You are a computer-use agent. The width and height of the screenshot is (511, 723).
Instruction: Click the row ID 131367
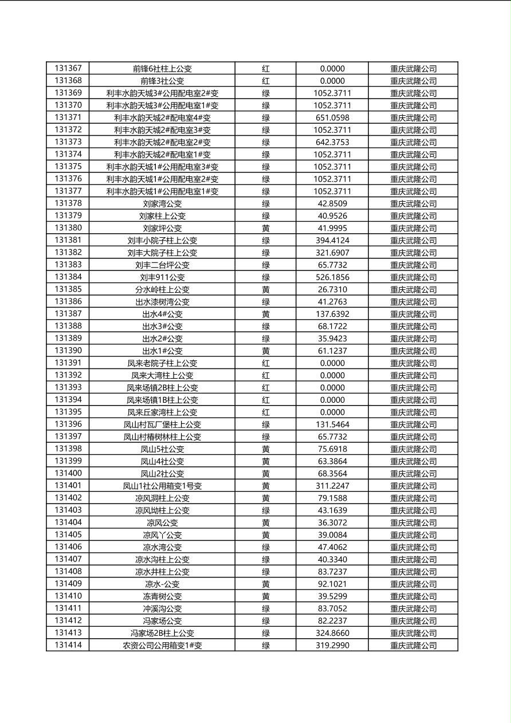click(68, 68)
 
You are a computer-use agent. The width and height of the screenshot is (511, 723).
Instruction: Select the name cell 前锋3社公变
click(162, 81)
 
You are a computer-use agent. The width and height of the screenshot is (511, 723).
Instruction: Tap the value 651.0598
click(332, 117)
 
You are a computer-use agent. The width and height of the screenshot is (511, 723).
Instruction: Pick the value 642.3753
click(332, 142)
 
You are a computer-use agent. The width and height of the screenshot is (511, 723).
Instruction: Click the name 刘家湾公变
click(162, 203)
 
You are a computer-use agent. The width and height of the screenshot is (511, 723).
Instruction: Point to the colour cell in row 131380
click(266, 228)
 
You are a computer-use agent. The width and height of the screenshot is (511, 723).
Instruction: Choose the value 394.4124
click(332, 240)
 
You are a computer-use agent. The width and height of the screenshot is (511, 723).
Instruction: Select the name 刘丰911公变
click(162, 277)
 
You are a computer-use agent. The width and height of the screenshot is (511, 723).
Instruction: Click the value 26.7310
click(332, 289)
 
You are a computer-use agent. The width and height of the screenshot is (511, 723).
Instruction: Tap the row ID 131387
click(68, 314)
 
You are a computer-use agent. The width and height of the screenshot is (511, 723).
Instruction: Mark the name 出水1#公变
click(162, 351)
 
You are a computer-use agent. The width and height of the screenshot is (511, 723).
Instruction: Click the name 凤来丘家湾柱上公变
click(162, 412)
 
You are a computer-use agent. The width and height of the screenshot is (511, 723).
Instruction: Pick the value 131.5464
click(332, 425)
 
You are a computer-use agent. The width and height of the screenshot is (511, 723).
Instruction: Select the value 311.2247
click(332, 486)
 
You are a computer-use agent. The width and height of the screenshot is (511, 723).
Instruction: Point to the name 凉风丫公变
click(162, 535)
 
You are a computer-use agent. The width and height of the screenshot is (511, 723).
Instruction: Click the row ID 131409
click(68, 584)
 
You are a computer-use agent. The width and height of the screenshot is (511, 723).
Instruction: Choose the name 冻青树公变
click(162, 596)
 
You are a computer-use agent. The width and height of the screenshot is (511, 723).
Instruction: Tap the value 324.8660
click(332, 633)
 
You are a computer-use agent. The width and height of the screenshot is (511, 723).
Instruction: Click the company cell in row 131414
click(413, 646)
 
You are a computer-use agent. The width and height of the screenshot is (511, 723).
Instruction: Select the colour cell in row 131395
click(266, 412)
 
